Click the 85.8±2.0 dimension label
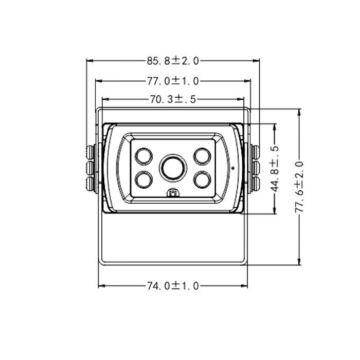[x=173, y=61]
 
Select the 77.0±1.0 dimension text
[x=173, y=81]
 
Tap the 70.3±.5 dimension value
[x=173, y=99]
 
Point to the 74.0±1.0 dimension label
[x=173, y=286]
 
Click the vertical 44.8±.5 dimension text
[x=275, y=169]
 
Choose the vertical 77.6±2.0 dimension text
[x=299, y=187]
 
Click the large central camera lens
[x=173, y=168]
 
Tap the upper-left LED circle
[x=143, y=156]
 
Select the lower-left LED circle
[x=143, y=179]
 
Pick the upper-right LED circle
[x=202, y=156]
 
